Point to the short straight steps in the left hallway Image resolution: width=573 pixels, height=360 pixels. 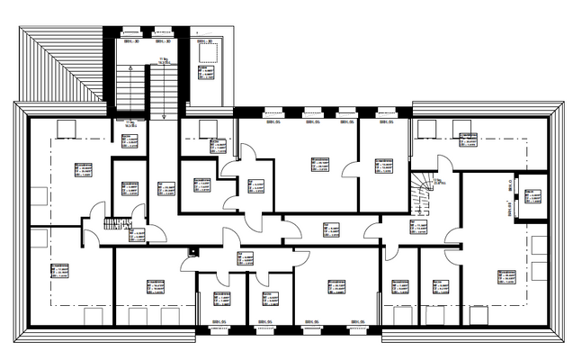pos(112,224)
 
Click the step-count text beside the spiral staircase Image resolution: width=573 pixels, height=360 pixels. pos(437,181)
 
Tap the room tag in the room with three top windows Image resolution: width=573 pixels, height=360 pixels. pos(319,166)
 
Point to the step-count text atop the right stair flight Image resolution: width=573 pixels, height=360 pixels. pos(164,61)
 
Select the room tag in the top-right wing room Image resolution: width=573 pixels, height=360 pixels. pos(468,140)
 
